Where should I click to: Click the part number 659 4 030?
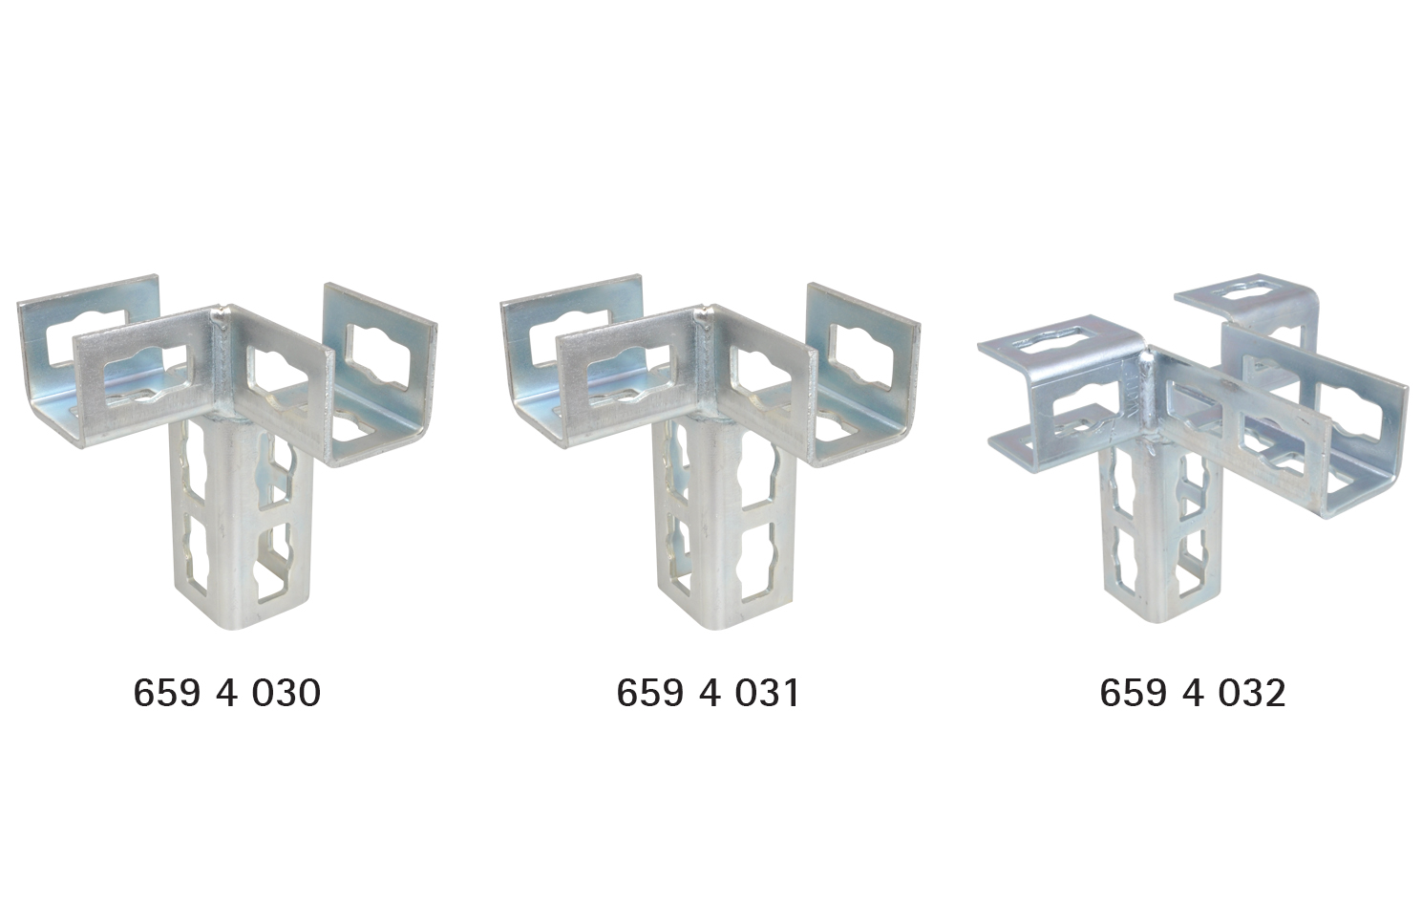click(226, 693)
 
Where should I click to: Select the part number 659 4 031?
click(708, 693)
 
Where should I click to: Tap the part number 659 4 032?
click(1192, 693)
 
